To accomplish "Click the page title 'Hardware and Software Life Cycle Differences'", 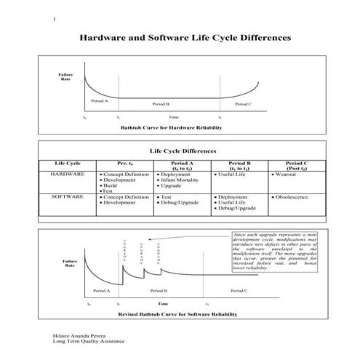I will (x=184, y=35).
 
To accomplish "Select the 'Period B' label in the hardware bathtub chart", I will (x=161, y=104).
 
